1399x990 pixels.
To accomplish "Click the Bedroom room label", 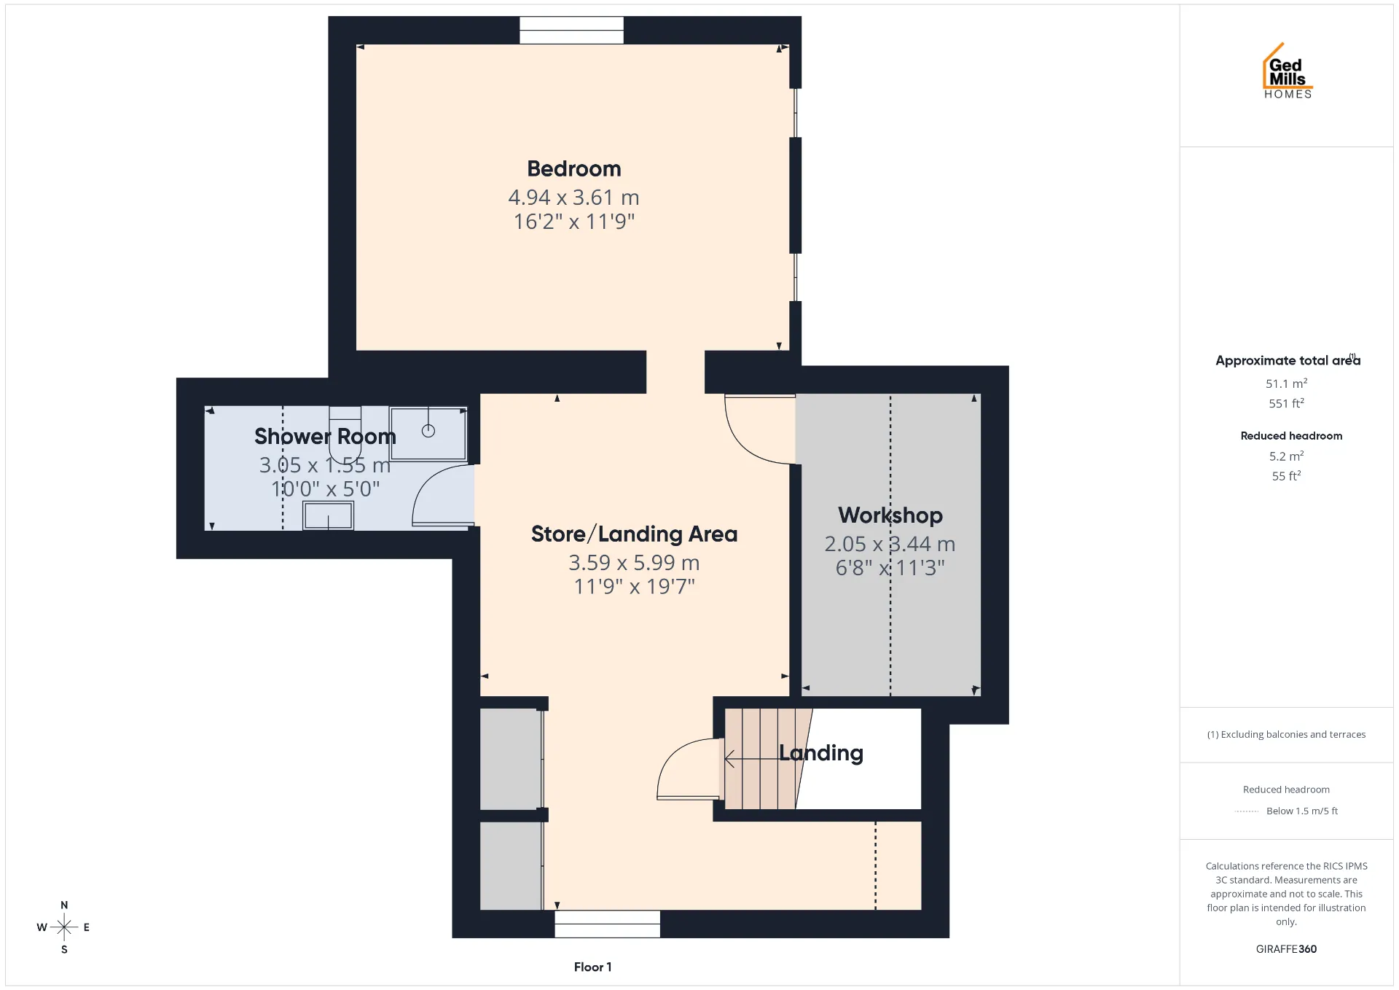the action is tap(574, 169).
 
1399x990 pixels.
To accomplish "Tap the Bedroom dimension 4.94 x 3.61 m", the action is tap(573, 198).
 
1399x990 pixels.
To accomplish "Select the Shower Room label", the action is tap(325, 437).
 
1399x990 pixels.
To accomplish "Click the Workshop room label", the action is tap(890, 515).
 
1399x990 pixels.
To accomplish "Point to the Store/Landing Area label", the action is tap(634, 534).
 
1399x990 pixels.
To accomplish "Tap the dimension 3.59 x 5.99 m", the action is tap(634, 563).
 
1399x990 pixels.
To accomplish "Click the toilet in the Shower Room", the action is tap(345, 434).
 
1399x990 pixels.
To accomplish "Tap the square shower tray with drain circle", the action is tap(428, 434).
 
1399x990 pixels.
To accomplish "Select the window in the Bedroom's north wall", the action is tap(571, 31).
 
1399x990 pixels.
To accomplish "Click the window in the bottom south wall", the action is tap(608, 924).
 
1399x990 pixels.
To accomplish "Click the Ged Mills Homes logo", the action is tap(1288, 71).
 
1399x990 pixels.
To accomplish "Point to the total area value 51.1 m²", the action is tap(1286, 383).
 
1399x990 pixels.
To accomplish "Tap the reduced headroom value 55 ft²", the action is tap(1286, 476).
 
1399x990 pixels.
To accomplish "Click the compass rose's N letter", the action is tap(64, 905).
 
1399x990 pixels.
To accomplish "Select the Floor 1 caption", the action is tap(592, 967).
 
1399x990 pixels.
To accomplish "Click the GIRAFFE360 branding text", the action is tap(1286, 949).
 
